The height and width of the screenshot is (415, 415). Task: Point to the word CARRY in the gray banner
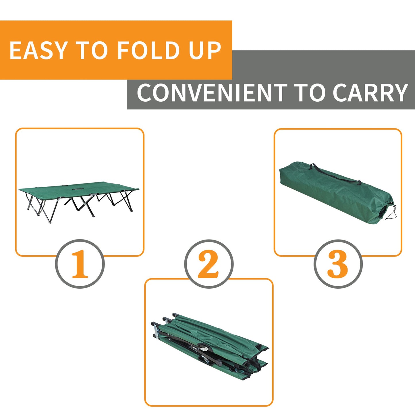tap(370, 93)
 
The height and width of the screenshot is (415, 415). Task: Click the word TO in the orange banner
tap(92, 51)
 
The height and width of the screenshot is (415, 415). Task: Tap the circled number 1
tap(80, 264)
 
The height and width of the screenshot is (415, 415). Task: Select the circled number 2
tap(209, 264)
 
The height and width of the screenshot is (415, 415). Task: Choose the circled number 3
tap(338, 264)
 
